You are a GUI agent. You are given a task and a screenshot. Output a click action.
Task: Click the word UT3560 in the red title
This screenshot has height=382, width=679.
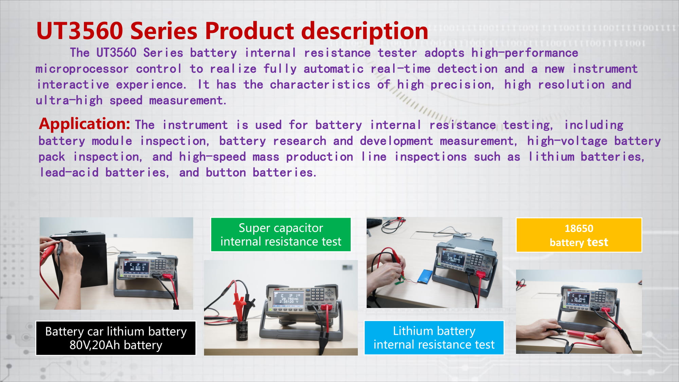79,31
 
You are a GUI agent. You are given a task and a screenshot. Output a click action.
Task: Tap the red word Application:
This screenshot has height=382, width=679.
85,124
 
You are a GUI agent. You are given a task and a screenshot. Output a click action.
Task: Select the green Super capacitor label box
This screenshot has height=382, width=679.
281,235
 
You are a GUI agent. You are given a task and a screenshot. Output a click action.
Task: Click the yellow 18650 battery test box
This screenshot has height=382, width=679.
579,235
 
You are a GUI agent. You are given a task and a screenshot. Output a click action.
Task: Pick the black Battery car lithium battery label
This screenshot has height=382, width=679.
116,338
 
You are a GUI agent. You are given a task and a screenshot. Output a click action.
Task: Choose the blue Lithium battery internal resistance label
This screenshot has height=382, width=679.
434,338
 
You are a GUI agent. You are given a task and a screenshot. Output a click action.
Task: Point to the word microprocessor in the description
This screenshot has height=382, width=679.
82,69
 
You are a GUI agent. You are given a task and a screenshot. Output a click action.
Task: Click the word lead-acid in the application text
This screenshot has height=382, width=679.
69,172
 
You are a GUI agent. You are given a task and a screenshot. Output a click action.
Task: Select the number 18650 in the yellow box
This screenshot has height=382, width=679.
579,229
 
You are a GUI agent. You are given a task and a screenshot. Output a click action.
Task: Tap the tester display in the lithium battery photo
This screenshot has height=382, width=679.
453,259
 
